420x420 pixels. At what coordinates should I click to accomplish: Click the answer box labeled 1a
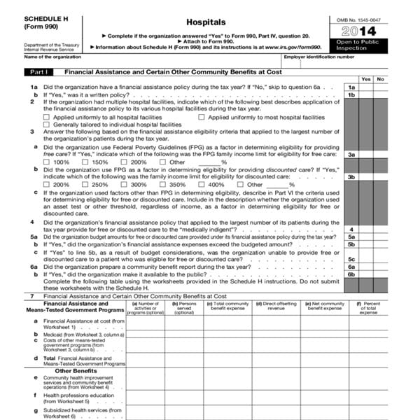tap(352, 87)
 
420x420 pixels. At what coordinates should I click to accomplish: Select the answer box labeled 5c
tap(352, 259)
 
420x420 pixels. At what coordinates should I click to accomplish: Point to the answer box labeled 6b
tap(352, 274)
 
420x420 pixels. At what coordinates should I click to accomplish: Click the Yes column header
tap(366, 79)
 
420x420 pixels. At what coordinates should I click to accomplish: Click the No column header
tap(380, 79)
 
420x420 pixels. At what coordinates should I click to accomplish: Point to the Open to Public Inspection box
tap(376, 45)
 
